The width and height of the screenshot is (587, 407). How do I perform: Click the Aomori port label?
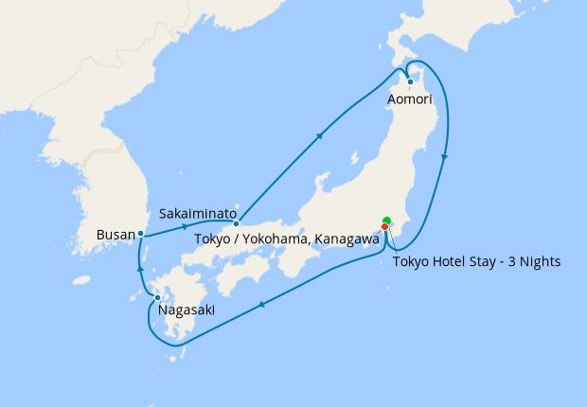(410, 98)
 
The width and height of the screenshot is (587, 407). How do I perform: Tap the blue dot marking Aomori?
(410, 81)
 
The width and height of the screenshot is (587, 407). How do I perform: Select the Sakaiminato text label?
(198, 214)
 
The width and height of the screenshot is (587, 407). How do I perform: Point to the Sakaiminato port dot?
(237, 223)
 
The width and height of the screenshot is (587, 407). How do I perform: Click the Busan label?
(116, 233)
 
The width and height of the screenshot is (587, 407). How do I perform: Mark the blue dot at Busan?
(140, 233)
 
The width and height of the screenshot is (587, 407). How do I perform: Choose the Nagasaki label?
(187, 310)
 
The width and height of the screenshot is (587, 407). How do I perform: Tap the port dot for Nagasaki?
(157, 299)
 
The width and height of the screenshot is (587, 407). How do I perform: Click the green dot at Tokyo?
(386, 221)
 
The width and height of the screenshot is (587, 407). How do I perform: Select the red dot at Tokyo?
(385, 227)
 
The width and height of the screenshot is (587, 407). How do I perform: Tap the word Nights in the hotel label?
(539, 262)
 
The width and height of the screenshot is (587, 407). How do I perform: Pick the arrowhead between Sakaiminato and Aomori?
(321, 135)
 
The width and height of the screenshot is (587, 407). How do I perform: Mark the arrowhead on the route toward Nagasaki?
(261, 305)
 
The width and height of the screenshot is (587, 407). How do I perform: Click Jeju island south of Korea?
(82, 280)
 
